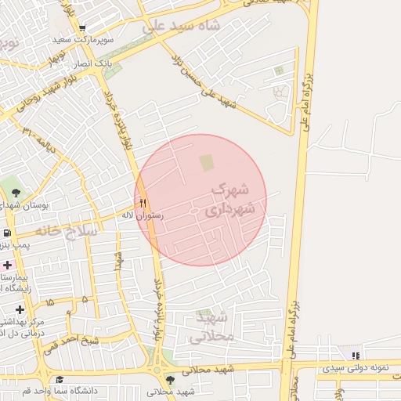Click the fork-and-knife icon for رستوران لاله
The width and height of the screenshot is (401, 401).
click(x=143, y=201)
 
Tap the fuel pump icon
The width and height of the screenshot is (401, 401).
click(x=6, y=233)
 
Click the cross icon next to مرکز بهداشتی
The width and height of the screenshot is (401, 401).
click(x=20, y=309)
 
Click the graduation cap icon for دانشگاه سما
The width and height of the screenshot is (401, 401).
click(x=59, y=379)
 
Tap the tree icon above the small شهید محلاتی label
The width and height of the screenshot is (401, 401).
click(x=170, y=380)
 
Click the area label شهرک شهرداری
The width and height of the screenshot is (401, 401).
click(x=231, y=200)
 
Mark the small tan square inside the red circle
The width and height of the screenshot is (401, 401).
click(x=207, y=162)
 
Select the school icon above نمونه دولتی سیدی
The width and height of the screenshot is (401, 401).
click(x=356, y=356)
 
